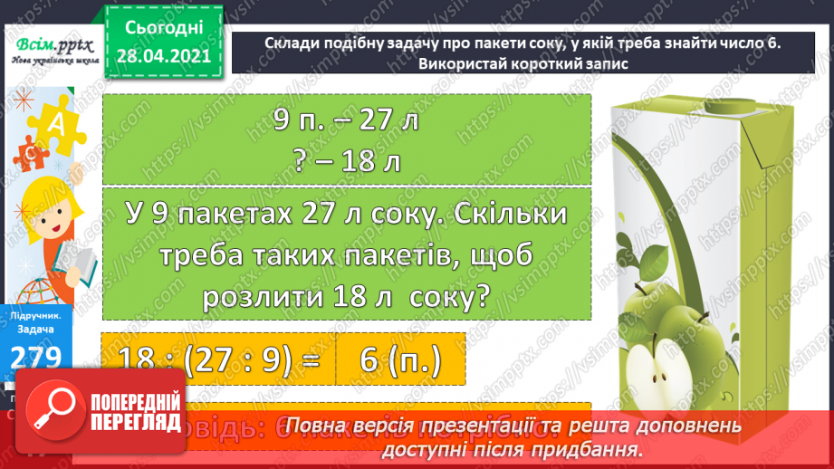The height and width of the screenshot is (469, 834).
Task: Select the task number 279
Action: [36, 355]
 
